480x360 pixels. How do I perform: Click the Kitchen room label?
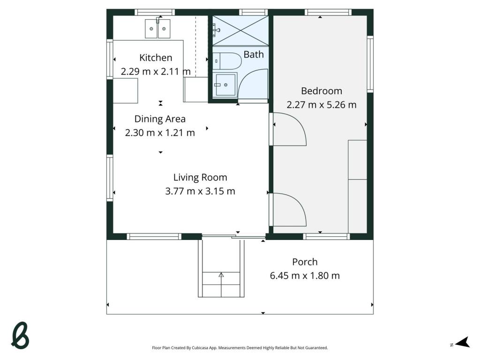tap(156, 58)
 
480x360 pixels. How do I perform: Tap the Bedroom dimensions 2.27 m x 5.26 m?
tap(322, 105)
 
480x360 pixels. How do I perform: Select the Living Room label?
tap(200, 177)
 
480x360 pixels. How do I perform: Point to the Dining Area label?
tap(160, 119)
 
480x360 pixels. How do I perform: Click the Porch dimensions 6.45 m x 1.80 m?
tap(305, 276)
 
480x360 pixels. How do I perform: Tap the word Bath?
tap(254, 54)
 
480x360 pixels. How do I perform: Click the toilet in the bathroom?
tap(227, 61)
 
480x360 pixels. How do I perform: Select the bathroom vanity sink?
tap(225, 84)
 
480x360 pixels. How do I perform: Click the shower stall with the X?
tap(240, 30)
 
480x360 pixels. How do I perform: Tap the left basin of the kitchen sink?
tap(151, 29)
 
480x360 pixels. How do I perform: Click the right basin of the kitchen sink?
tap(164, 29)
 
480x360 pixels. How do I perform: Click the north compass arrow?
tap(462, 342)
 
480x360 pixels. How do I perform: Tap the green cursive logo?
tap(20, 336)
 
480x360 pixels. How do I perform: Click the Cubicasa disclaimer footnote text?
tap(240, 348)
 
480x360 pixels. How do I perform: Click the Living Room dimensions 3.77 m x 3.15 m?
tap(200, 191)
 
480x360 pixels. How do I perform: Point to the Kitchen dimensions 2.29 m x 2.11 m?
tap(156, 71)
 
